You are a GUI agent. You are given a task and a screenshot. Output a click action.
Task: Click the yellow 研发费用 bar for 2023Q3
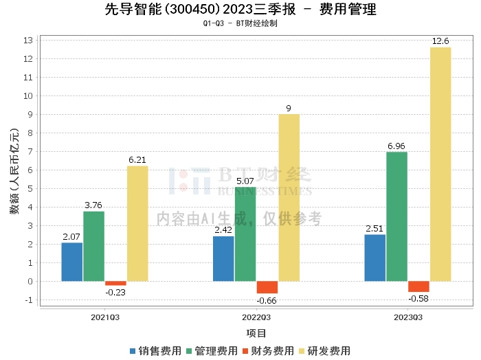440,164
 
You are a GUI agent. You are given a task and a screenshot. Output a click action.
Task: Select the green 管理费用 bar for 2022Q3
245,234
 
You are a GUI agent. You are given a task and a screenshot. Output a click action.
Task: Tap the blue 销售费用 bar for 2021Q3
72,262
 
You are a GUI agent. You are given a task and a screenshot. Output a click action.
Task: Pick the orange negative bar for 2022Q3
267,287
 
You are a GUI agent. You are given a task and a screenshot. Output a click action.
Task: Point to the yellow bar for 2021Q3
137,223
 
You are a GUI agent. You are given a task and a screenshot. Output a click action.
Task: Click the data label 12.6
440,41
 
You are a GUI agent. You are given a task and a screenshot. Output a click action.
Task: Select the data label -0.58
418,298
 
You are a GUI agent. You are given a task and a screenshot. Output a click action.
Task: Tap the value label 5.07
245,181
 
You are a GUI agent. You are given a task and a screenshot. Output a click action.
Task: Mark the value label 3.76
93,205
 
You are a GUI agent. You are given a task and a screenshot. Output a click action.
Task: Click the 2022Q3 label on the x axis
256,317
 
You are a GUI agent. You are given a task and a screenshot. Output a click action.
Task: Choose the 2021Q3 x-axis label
105,317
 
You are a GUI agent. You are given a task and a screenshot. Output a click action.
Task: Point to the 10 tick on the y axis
28,96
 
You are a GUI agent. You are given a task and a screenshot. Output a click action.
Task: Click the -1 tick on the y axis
29,300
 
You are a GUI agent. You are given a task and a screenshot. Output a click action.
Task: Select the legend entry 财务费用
268,351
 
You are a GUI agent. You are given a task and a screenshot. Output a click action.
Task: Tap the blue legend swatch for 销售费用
133,351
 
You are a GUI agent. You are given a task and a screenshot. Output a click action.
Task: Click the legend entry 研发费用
324,351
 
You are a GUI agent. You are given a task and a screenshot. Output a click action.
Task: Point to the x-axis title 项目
256,333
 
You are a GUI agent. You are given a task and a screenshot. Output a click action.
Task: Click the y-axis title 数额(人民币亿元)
14,171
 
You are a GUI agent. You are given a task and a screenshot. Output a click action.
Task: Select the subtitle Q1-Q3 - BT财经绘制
240,23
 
